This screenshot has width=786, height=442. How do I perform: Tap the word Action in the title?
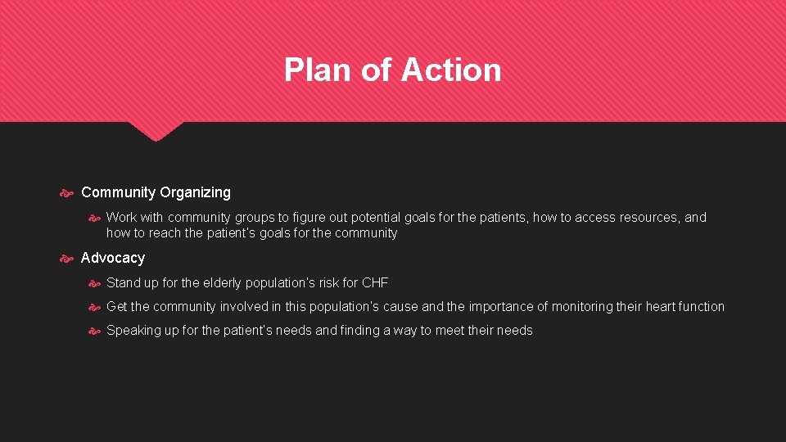450,70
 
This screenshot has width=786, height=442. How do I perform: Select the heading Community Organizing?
156,192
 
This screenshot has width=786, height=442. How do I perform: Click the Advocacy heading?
113,258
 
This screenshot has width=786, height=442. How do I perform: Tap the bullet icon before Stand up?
94,283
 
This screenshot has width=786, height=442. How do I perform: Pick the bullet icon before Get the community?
94,307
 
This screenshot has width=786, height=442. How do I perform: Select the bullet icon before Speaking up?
94,331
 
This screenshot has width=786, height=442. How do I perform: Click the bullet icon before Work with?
94,218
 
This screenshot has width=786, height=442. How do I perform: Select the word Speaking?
133,330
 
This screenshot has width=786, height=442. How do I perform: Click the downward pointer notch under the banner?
156,132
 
